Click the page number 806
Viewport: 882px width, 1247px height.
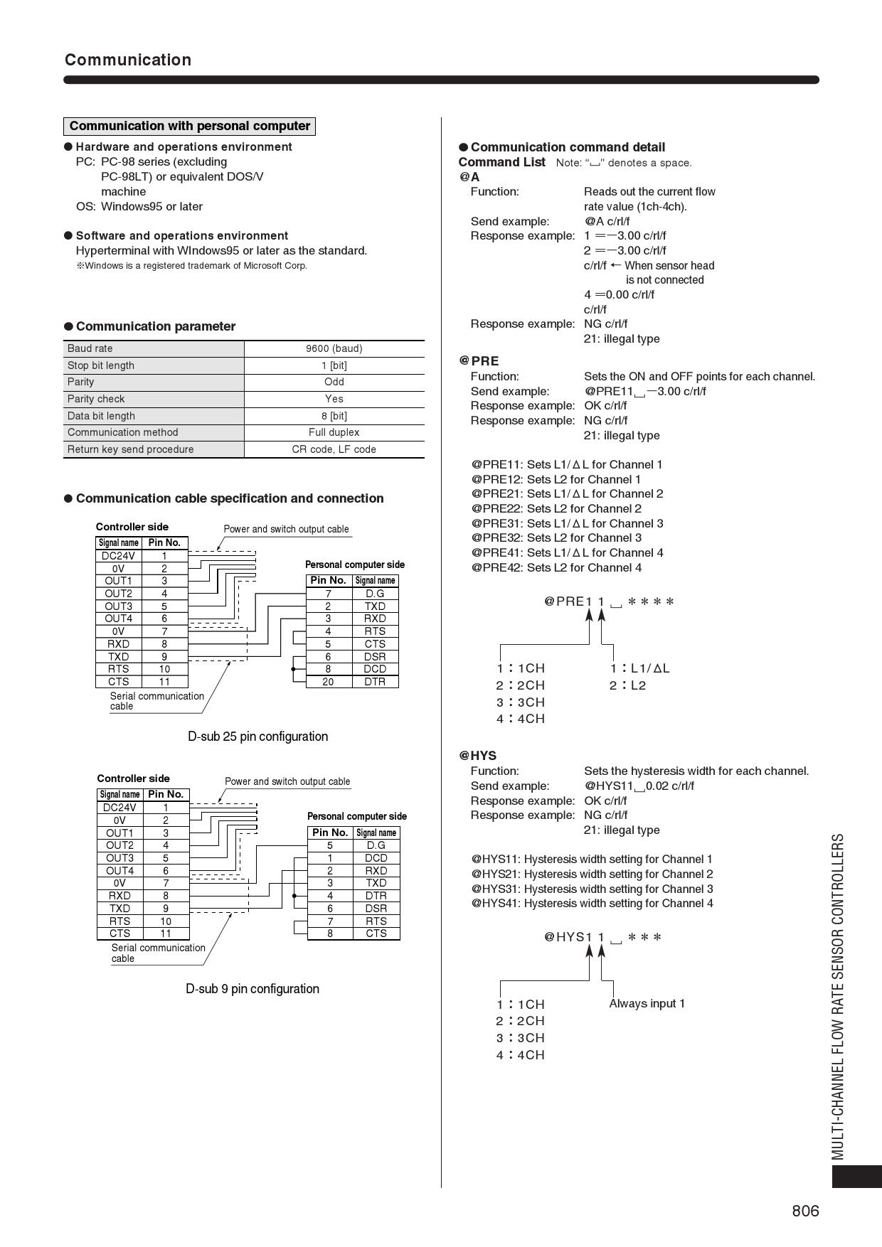[x=805, y=1211]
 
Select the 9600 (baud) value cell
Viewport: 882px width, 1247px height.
[x=334, y=348]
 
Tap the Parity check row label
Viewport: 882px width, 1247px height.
[x=96, y=399]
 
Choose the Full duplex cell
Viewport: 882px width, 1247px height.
[x=334, y=432]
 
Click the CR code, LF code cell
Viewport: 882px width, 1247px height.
[x=334, y=449]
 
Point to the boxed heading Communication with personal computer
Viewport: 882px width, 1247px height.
[x=189, y=126]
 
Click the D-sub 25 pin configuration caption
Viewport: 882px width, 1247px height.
[x=257, y=737]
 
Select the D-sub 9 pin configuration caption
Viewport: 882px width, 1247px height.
[x=253, y=989]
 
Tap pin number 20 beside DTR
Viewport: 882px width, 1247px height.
[x=328, y=682]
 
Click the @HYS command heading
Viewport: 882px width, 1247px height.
[x=477, y=756]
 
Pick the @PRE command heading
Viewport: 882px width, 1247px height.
[x=479, y=361]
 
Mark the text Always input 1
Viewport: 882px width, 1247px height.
[x=647, y=1004]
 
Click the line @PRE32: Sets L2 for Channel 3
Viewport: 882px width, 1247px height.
[x=556, y=538]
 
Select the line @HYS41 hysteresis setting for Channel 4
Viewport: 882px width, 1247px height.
[x=592, y=904]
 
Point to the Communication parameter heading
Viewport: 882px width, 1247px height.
[x=155, y=326]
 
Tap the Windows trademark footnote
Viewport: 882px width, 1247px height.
[x=192, y=266]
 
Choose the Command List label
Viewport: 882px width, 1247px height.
[x=501, y=162]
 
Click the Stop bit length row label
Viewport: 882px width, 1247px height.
[x=101, y=365]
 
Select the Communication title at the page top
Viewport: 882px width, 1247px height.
[x=128, y=60]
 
